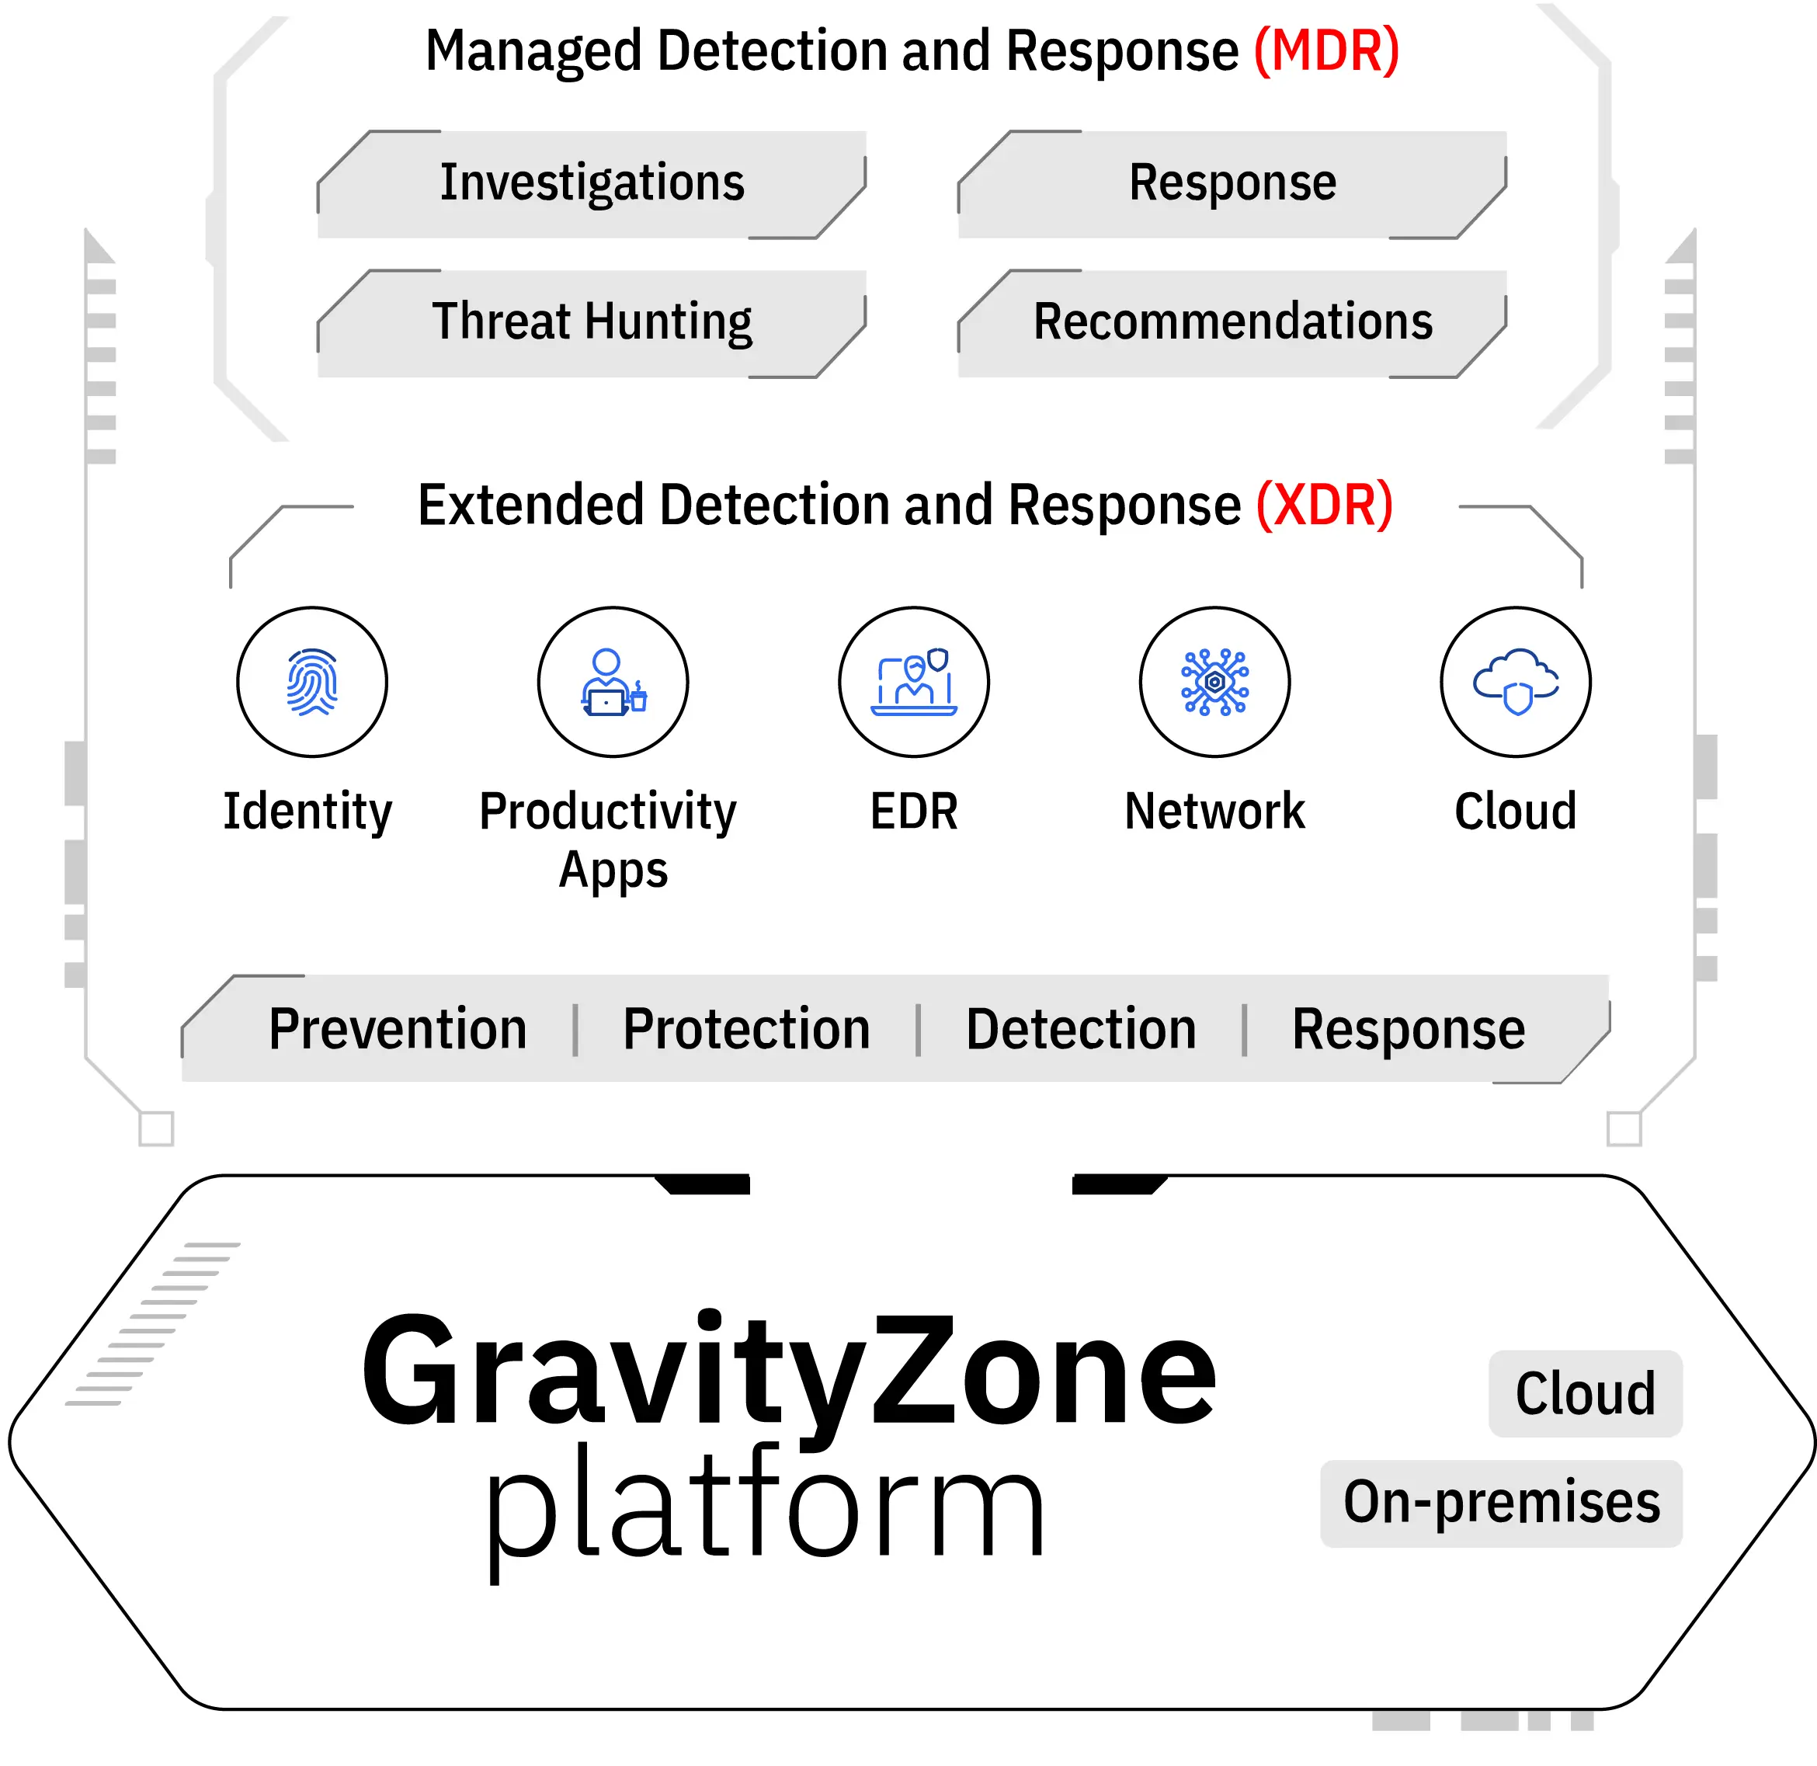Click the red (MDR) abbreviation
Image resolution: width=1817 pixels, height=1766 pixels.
pos(1325,51)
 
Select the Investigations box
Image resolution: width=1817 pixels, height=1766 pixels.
pos(592,183)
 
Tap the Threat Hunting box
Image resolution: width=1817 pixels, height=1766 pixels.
pos(592,323)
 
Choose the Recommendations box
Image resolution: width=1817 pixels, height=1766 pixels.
pos(1232,323)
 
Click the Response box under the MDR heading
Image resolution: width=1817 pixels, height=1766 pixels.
pos(1232,183)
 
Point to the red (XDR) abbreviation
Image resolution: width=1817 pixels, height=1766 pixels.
pos(1324,506)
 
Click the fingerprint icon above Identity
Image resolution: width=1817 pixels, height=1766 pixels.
pos(311,683)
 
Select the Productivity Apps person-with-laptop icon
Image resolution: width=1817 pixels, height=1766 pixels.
pos(612,683)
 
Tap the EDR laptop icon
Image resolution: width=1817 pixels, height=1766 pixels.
pos(914,683)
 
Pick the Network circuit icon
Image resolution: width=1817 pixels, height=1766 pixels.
pos(1214,683)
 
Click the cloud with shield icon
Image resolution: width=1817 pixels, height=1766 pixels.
pos(1515,683)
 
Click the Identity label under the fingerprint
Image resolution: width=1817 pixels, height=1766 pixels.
pos(308,812)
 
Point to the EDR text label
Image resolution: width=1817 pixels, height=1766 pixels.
pos(914,812)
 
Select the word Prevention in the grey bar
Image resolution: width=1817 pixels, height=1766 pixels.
pos(397,1030)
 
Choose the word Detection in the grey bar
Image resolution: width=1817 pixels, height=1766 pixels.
pos(1081,1030)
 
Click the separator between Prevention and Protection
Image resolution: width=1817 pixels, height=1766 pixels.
pos(576,1030)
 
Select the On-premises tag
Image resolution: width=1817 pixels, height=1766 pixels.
pos(1501,1503)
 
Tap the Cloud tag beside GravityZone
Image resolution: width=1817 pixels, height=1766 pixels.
pos(1584,1394)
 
